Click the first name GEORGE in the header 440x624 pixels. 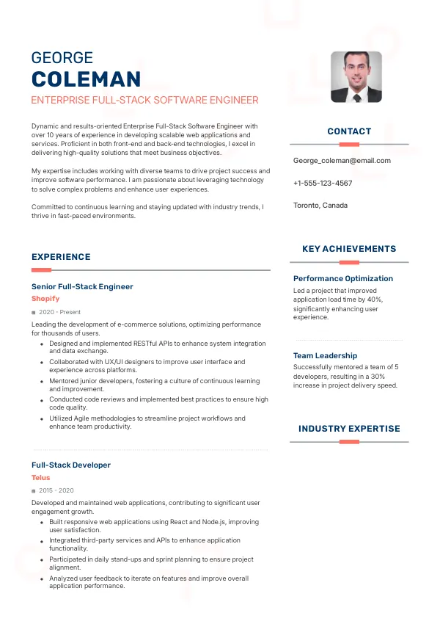(62, 58)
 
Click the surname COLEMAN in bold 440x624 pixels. (86, 79)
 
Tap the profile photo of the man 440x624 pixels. (356, 76)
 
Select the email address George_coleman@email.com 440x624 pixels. (342, 160)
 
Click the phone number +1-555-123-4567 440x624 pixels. (323, 183)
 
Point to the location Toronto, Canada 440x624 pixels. (320, 205)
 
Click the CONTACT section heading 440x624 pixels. (349, 131)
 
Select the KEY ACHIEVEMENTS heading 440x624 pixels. (349, 249)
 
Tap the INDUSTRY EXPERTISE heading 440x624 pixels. (349, 429)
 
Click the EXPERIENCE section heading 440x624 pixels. (61, 257)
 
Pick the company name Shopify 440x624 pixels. (45, 299)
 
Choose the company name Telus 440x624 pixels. (41, 477)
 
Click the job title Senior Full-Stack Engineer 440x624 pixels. (82, 286)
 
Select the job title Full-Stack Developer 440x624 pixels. (71, 465)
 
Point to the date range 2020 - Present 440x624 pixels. (60, 312)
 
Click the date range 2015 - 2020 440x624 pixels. (56, 490)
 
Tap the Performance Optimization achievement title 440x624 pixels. (343, 278)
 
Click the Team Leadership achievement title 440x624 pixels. (325, 355)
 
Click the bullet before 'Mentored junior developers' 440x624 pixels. (42, 382)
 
